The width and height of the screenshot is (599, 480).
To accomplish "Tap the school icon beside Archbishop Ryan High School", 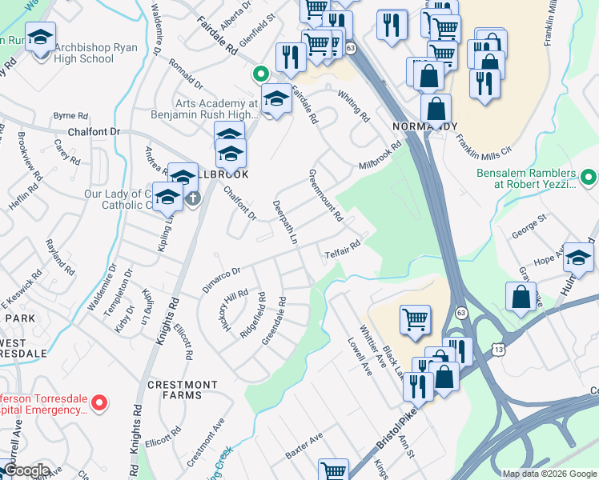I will [x=39, y=37].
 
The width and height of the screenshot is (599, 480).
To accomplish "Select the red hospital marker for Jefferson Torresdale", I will [x=99, y=402].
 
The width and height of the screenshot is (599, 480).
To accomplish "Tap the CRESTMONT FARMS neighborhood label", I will [x=183, y=390].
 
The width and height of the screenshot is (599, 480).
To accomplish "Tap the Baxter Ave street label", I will [x=304, y=448].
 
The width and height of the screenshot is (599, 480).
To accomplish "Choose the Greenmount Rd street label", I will [x=327, y=194].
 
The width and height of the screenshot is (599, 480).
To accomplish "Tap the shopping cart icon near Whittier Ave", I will [x=415, y=320].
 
